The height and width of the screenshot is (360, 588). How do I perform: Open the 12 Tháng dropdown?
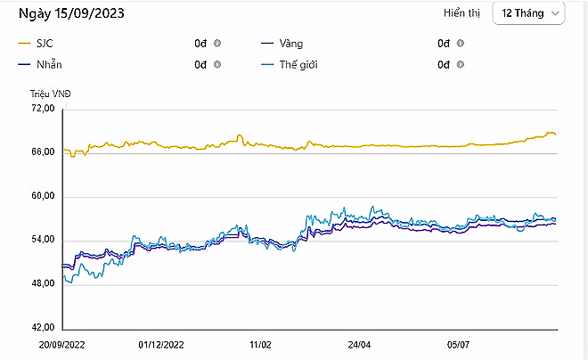point(531,13)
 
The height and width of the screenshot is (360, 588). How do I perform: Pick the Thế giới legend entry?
point(300,64)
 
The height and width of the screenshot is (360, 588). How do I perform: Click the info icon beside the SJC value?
point(217,43)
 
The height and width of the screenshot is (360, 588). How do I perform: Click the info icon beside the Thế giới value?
point(461,64)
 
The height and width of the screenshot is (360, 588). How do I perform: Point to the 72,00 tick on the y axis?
point(43,109)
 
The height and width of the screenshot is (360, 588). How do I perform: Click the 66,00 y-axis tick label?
point(43,152)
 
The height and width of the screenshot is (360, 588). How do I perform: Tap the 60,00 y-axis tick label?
point(43,196)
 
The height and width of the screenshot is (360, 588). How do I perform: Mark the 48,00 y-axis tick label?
point(43,283)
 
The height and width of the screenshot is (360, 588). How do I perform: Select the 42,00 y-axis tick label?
point(43,327)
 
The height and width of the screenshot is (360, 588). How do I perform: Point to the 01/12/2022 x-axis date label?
point(161,342)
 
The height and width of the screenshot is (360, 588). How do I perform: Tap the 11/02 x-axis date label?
point(260,342)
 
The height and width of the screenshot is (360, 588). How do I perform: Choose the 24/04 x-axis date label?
point(359,342)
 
